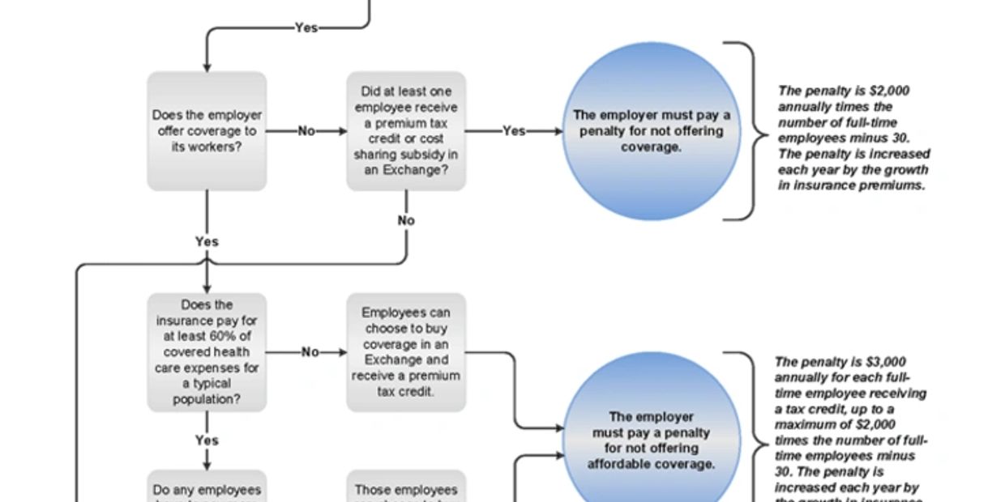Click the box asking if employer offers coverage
click(207, 131)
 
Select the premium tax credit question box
click(406, 131)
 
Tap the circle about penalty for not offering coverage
click(652, 131)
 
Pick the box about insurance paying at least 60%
click(207, 352)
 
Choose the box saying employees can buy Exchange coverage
click(406, 352)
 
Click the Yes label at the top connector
click(306, 28)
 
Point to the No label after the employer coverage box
click(306, 131)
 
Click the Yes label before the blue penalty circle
click(514, 131)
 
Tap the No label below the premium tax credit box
click(406, 220)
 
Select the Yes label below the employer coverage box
click(207, 241)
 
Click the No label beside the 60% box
click(310, 352)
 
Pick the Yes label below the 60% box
click(207, 440)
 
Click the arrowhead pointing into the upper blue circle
click(557, 131)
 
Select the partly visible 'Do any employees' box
click(207, 488)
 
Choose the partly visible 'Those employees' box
click(406, 488)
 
